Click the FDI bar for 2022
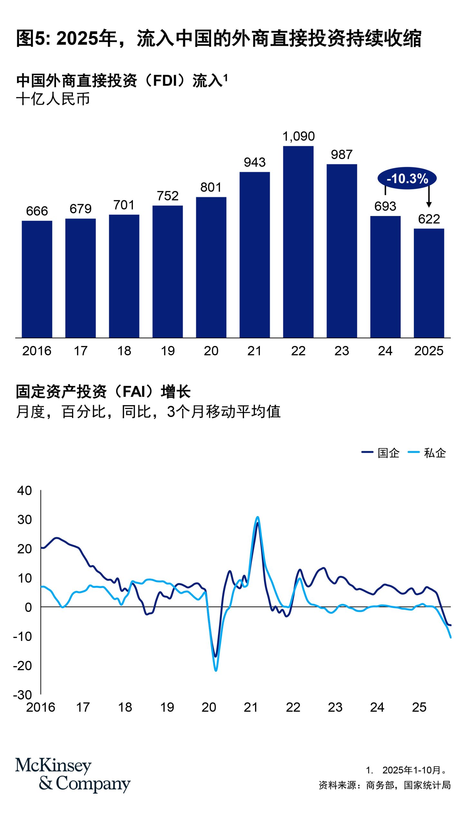point(298,241)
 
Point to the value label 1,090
point(298,136)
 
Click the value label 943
point(255,162)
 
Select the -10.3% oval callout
point(407,178)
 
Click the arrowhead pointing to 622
point(429,204)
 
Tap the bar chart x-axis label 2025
point(429,351)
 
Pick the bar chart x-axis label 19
point(167,351)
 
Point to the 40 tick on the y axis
point(24,491)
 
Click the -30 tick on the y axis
point(23,695)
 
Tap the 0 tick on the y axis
point(28,607)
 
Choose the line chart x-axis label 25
point(419,707)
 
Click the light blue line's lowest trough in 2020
point(216,670)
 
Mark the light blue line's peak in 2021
point(257,517)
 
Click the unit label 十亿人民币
point(53,99)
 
